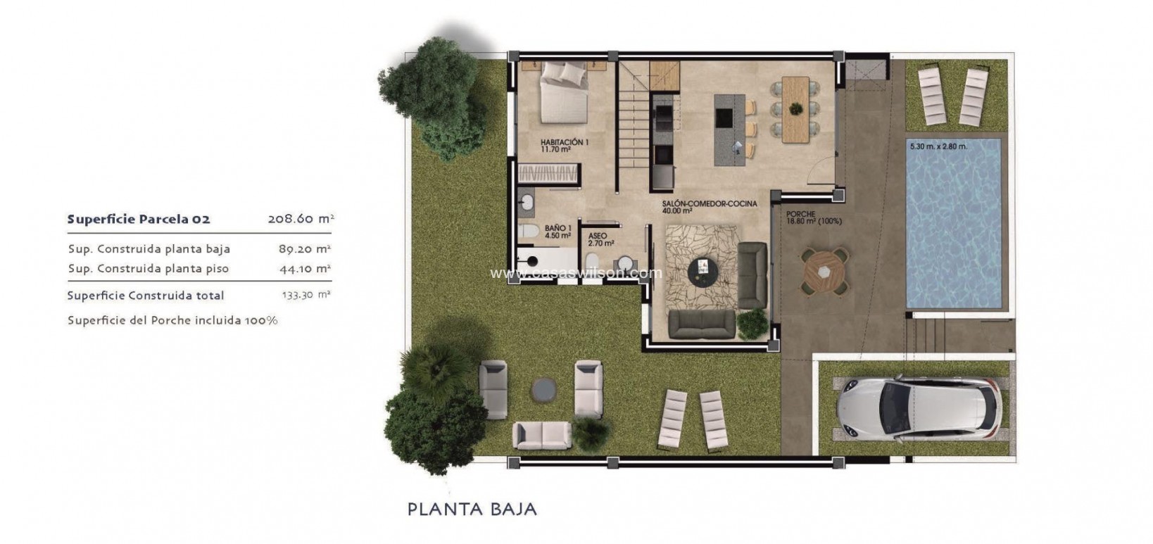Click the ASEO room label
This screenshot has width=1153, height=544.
click(x=597, y=236)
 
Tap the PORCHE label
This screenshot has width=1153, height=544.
click(x=801, y=215)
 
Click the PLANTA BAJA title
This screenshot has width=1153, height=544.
click(x=472, y=509)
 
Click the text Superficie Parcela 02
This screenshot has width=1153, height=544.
click(x=139, y=220)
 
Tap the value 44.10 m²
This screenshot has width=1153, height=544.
click(x=305, y=269)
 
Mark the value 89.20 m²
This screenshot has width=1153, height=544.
click(x=305, y=249)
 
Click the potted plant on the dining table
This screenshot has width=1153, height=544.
click(x=796, y=108)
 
